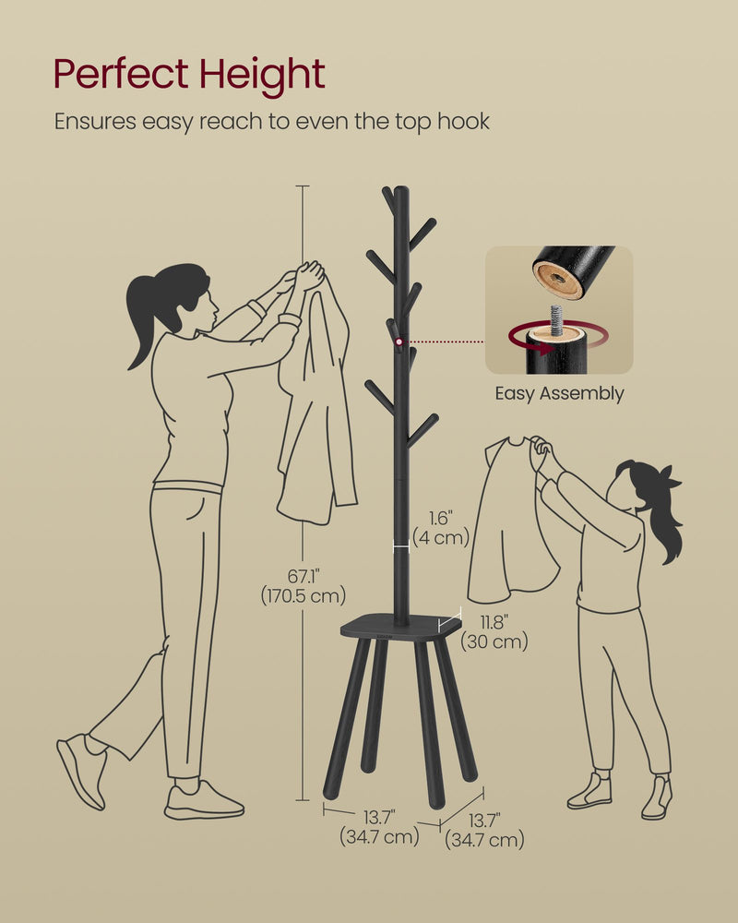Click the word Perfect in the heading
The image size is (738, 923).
tap(120, 74)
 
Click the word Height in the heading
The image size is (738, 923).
tap(262, 75)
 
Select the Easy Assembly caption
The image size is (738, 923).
tap(559, 393)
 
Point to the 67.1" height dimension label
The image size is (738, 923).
tap(304, 575)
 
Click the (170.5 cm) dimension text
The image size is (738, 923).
tap(304, 595)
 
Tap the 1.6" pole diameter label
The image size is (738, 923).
tap(440, 518)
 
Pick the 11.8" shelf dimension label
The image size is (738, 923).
tap(494, 622)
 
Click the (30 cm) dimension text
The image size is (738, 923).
tap(494, 641)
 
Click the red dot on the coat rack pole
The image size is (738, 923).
tap(399, 342)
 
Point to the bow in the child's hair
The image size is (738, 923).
tap(668, 478)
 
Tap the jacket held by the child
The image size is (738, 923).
tap(513, 521)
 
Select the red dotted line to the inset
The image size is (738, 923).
tap(445, 342)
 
